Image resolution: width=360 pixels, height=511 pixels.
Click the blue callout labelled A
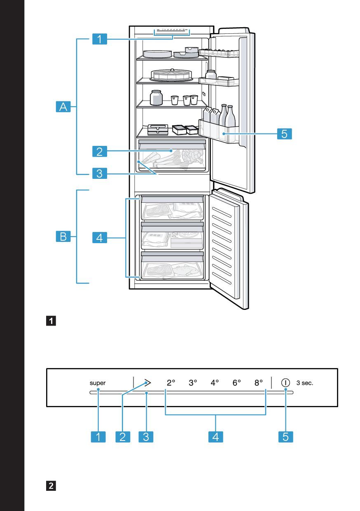tap(63, 108)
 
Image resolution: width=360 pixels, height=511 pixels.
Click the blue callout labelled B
tap(63, 237)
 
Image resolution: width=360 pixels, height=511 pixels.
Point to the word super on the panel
tap(98, 383)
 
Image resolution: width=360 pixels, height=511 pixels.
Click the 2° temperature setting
tap(171, 382)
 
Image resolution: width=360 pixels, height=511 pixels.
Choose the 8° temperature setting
tap(259, 382)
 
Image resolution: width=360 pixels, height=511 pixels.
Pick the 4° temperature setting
tap(215, 382)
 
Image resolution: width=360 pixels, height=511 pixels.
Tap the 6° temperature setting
tap(237, 382)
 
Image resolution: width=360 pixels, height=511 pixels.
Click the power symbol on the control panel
tap(285, 382)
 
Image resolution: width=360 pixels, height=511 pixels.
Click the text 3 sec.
tap(305, 383)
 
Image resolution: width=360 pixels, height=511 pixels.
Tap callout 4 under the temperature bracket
tap(215, 436)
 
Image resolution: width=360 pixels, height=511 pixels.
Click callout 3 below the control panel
tap(146, 436)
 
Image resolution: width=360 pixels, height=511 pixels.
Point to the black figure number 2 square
tap(51, 486)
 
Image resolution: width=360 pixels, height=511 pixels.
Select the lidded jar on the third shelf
tap(156, 98)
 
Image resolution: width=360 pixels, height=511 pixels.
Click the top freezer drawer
tap(172, 208)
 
